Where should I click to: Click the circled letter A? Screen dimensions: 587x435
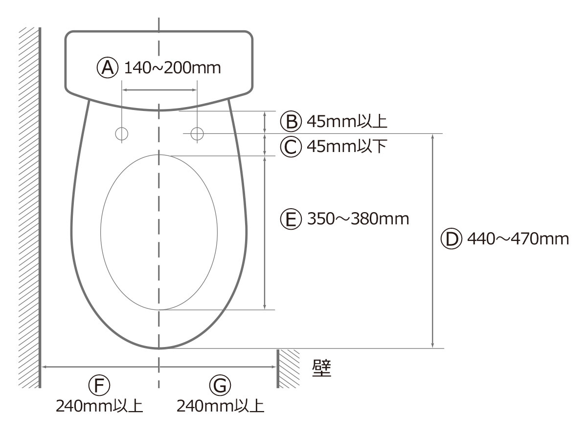(x=107, y=68)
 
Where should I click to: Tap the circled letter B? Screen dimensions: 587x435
(x=291, y=121)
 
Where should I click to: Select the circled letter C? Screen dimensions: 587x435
(x=291, y=147)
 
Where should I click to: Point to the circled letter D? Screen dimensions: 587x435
(x=451, y=239)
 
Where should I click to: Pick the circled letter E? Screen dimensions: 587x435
(x=291, y=218)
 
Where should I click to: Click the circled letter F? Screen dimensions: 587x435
(x=99, y=385)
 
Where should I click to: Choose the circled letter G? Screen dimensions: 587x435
(x=220, y=385)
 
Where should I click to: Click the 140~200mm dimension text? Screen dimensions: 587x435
(x=172, y=68)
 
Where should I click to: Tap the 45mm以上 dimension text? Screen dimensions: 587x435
(x=347, y=121)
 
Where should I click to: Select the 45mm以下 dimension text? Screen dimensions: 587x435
(x=347, y=146)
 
